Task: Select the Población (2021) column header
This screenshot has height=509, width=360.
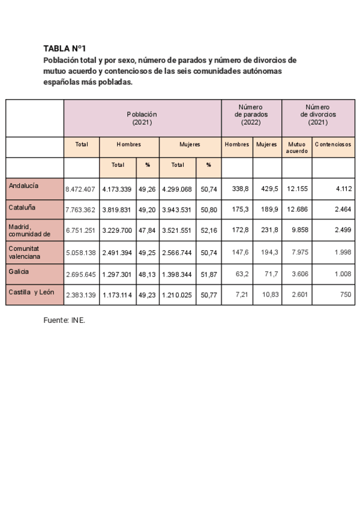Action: pyautogui.click(x=142, y=118)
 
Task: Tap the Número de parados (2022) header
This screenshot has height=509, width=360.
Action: pyautogui.click(x=251, y=114)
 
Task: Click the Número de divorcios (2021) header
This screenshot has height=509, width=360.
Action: pyautogui.click(x=318, y=114)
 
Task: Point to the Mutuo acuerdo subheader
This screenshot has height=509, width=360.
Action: pyautogui.click(x=296, y=147)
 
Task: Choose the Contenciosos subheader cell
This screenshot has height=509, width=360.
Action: pyautogui.click(x=333, y=144)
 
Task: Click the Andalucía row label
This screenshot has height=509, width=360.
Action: pyautogui.click(x=24, y=186)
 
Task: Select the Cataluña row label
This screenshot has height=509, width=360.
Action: pyautogui.click(x=22, y=207)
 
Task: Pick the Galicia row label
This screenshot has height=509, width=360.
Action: pyautogui.click(x=19, y=271)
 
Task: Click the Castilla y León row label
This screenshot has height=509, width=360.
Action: pyautogui.click(x=32, y=292)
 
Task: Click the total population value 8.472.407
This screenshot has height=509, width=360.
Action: pyautogui.click(x=80, y=189)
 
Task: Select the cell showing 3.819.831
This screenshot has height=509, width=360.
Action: pyautogui.click(x=117, y=209)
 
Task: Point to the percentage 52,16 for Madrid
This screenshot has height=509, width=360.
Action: pyautogui.click(x=208, y=230)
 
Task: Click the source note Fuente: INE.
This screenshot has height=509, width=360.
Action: pyautogui.click(x=64, y=321)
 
